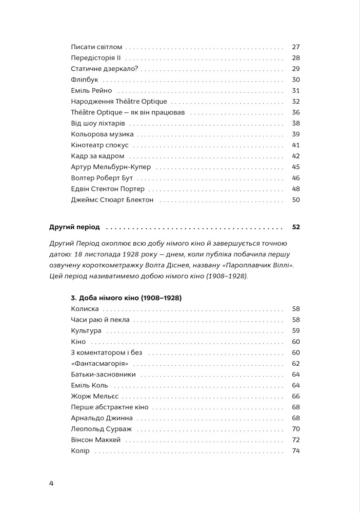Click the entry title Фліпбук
85,80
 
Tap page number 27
295,47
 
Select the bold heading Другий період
74,227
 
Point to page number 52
295,227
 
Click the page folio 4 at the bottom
51,483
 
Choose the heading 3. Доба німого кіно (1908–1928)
127,298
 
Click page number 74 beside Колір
295,451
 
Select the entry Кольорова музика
102,134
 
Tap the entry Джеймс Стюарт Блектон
112,200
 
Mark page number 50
295,200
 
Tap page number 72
295,440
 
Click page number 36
295,112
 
